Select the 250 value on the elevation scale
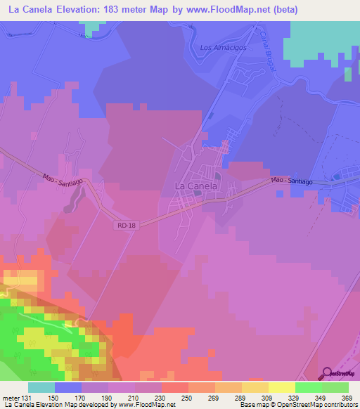(x=188, y=398)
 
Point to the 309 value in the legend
(x=267, y=398)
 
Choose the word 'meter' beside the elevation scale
(x=11, y=398)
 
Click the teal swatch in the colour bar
(x=41, y=387)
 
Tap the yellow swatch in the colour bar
(x=281, y=387)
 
